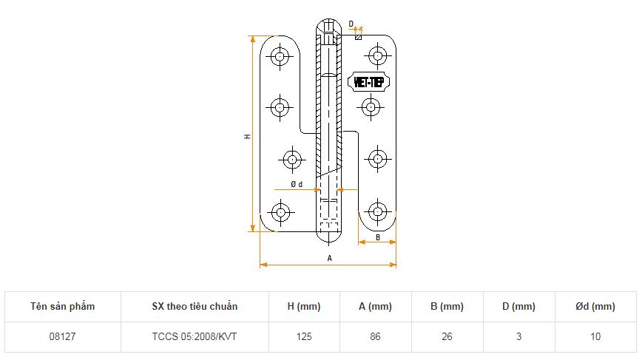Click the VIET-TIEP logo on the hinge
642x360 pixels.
click(368, 82)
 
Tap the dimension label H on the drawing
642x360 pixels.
click(247, 136)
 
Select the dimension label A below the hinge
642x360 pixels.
click(330, 258)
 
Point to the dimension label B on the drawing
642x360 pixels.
click(377, 237)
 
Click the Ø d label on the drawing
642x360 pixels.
click(297, 185)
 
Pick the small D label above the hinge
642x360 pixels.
click(351, 24)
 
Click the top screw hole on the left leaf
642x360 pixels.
click(280, 56)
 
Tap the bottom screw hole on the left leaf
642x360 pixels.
click(280, 212)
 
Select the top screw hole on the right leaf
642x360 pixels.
click(377, 55)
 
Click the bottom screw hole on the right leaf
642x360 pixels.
click(377, 211)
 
